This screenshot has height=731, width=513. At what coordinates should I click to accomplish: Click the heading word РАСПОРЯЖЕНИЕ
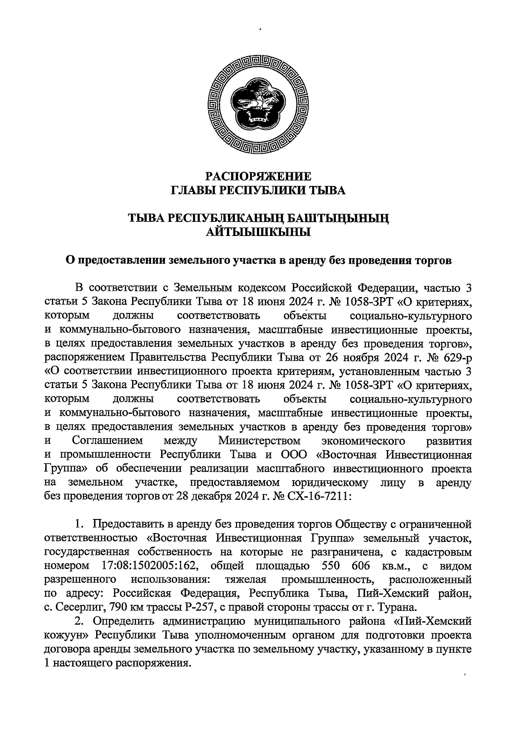point(258,176)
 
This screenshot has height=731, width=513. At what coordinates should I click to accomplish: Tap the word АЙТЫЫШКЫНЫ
point(258,233)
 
